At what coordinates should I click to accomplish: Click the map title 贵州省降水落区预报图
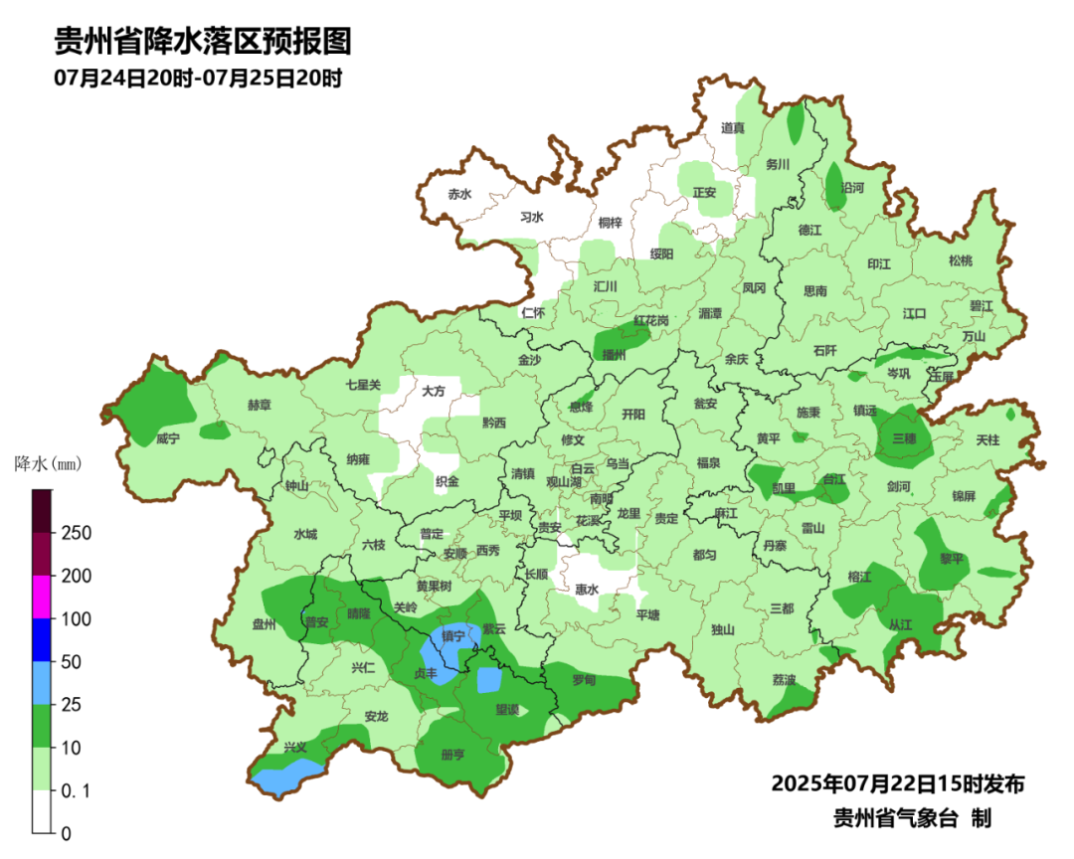203,42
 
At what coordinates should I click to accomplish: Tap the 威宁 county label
168,438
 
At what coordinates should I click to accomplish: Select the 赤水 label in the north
458,195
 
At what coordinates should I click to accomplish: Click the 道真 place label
733,128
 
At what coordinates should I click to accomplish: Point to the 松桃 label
960,261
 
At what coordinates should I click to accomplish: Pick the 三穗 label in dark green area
904,438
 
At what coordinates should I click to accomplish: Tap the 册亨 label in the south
452,755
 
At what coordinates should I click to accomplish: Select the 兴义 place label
295,747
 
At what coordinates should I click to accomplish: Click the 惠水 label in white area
587,590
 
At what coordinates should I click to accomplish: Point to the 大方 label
433,392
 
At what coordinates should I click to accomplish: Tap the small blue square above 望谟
488,680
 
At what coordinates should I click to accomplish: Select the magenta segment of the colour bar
41,598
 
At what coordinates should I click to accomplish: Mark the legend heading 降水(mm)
48,463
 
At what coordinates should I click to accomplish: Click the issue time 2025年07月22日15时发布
898,783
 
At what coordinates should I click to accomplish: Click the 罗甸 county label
584,680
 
